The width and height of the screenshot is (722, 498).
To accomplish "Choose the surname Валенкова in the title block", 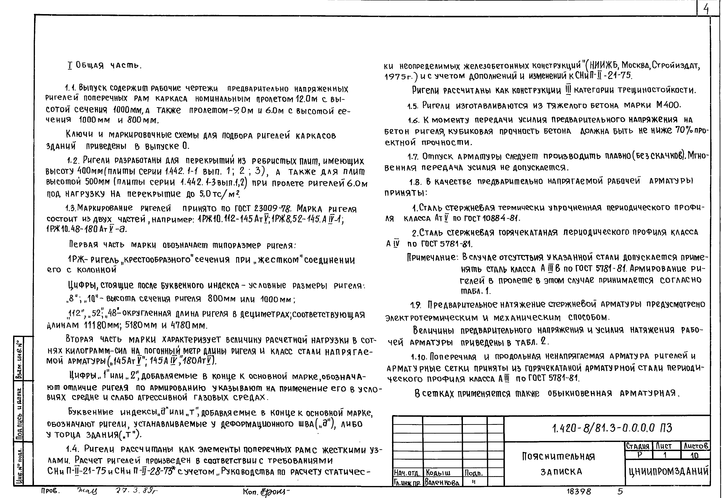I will pyautogui.click(x=442, y=483).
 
